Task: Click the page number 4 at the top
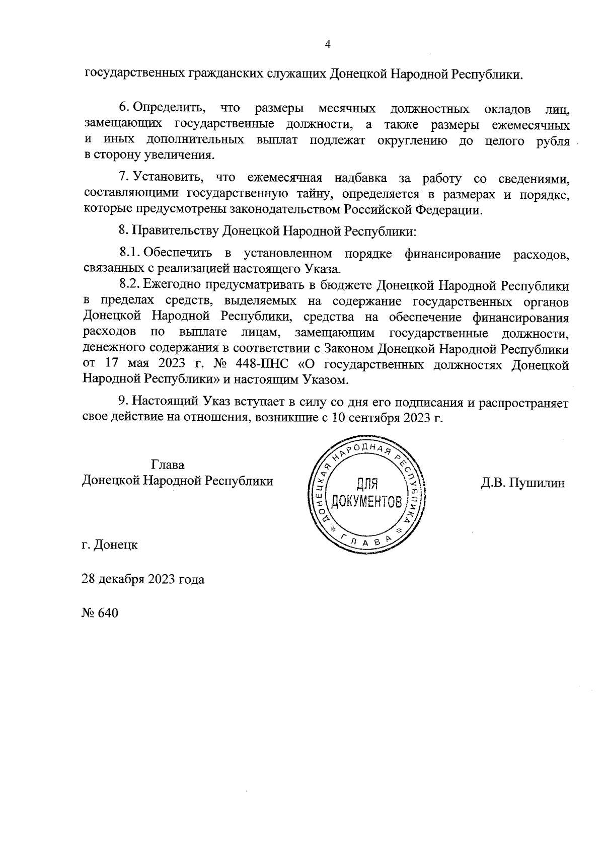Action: pos(328,45)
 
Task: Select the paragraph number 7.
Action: pos(123,178)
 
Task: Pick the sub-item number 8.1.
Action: pos(129,253)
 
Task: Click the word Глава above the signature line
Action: pos(167,464)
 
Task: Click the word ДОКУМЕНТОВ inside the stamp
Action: pos(366,502)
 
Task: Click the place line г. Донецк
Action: pos(109,545)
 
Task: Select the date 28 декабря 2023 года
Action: pos(143,579)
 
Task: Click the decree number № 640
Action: pos(100,613)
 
